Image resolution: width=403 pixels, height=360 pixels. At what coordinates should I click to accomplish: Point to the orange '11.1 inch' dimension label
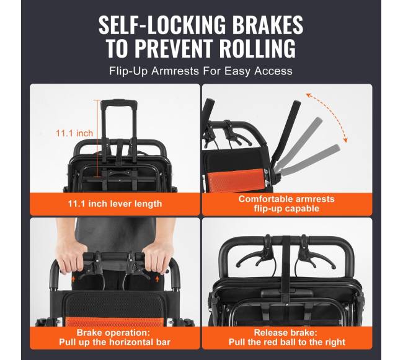[74, 133]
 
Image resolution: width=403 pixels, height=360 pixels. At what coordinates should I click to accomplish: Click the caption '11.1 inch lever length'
[115, 204]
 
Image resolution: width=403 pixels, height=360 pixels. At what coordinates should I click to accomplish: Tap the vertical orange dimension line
[97, 138]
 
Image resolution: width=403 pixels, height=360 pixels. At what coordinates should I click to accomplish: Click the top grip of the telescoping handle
[119, 102]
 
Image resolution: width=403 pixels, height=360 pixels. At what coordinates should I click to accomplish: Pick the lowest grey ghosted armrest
[310, 159]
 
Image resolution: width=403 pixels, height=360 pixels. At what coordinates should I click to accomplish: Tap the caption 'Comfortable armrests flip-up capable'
[286, 204]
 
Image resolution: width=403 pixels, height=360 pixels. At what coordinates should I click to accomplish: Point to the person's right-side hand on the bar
[157, 257]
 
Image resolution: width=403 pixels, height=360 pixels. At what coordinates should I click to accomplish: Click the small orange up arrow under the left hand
[74, 278]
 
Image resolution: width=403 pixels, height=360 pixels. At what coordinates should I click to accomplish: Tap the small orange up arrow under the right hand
[157, 279]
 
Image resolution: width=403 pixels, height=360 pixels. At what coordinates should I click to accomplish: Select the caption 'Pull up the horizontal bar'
[115, 342]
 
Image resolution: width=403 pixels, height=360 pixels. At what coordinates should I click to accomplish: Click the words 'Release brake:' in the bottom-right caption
[286, 333]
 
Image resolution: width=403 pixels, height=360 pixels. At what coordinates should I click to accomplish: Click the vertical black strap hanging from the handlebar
[286, 270]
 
